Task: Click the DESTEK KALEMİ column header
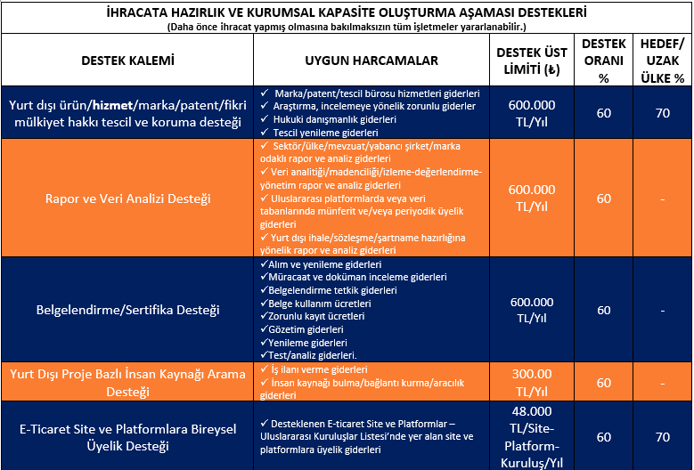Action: (127, 61)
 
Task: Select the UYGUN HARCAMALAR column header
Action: (371, 61)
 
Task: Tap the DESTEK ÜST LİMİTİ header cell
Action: (531, 61)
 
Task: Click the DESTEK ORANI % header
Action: (604, 61)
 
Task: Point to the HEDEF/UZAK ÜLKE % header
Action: (662, 61)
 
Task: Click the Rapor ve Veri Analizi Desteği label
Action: (127, 199)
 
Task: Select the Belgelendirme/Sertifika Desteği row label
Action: (127, 311)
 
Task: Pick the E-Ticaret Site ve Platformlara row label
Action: (127, 436)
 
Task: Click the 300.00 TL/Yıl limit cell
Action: (531, 382)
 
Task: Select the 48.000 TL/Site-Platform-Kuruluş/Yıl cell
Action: (531, 436)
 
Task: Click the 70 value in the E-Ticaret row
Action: (662, 437)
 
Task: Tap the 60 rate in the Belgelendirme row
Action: (604, 311)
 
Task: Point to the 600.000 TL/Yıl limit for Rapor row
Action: (531, 199)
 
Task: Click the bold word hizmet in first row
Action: (112, 105)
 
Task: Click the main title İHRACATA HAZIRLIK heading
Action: (346, 13)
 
